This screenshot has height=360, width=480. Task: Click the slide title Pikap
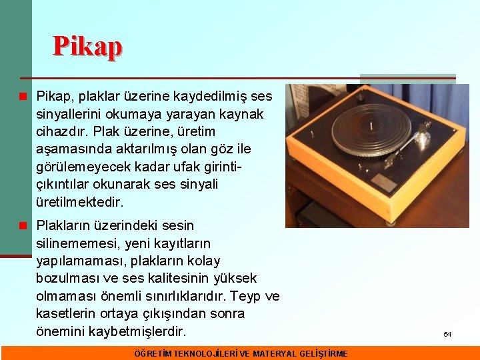tap(88, 47)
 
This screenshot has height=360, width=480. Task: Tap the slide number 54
tap(447, 334)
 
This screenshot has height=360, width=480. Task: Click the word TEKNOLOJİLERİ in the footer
tap(204, 353)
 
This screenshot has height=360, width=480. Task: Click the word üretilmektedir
tap(80, 201)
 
